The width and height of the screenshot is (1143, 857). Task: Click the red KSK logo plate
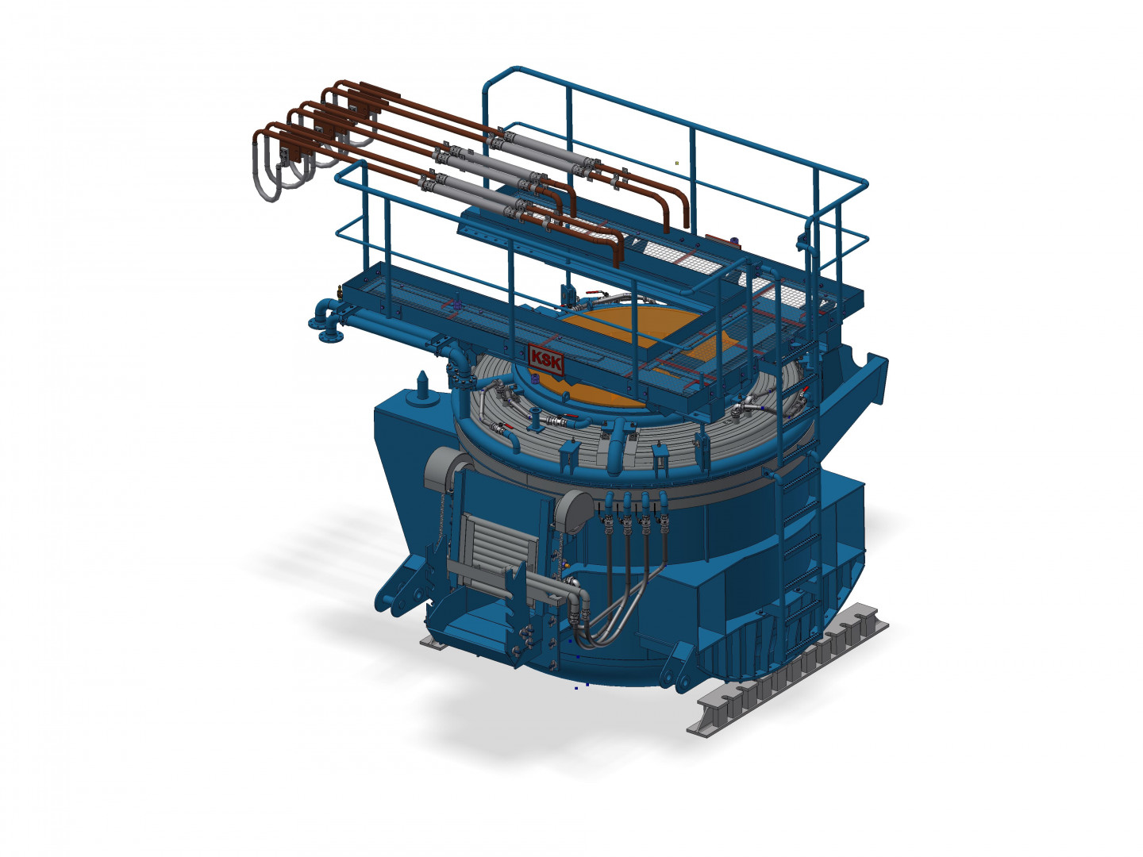click(x=546, y=359)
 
